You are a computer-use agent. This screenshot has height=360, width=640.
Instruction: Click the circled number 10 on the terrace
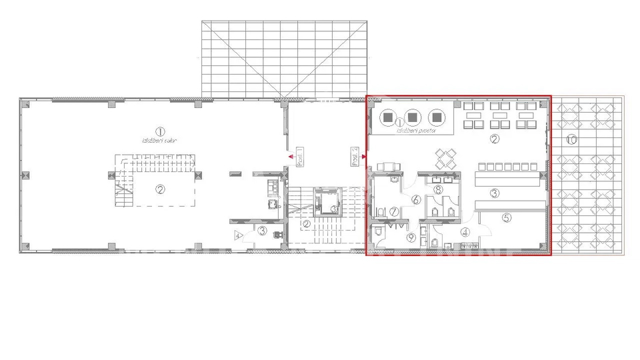coord(571,139)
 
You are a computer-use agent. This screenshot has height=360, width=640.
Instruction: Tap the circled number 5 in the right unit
coord(506,217)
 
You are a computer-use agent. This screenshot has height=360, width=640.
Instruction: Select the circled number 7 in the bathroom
coord(394,211)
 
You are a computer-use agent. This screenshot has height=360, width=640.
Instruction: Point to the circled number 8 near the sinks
coord(438,190)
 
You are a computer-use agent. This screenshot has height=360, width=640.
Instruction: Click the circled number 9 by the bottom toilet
coord(411,236)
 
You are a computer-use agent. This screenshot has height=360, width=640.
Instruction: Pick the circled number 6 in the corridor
coord(415,199)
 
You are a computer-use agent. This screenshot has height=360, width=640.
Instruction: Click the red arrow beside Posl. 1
coord(291,157)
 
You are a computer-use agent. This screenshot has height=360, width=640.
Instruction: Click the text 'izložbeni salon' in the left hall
coord(159,140)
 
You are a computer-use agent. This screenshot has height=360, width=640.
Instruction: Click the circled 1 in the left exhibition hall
coord(159,131)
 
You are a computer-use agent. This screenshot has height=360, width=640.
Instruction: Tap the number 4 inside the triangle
coord(237,235)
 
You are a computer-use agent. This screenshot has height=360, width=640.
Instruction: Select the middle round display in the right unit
coord(413,117)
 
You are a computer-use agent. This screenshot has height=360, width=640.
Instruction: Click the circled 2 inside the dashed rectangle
coord(160,189)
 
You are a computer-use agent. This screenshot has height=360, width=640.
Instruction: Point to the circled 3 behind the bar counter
coord(495,194)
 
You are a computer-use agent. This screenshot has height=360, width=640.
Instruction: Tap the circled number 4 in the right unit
coord(465,232)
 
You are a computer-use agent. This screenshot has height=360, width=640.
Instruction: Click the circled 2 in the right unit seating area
coord(494,139)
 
